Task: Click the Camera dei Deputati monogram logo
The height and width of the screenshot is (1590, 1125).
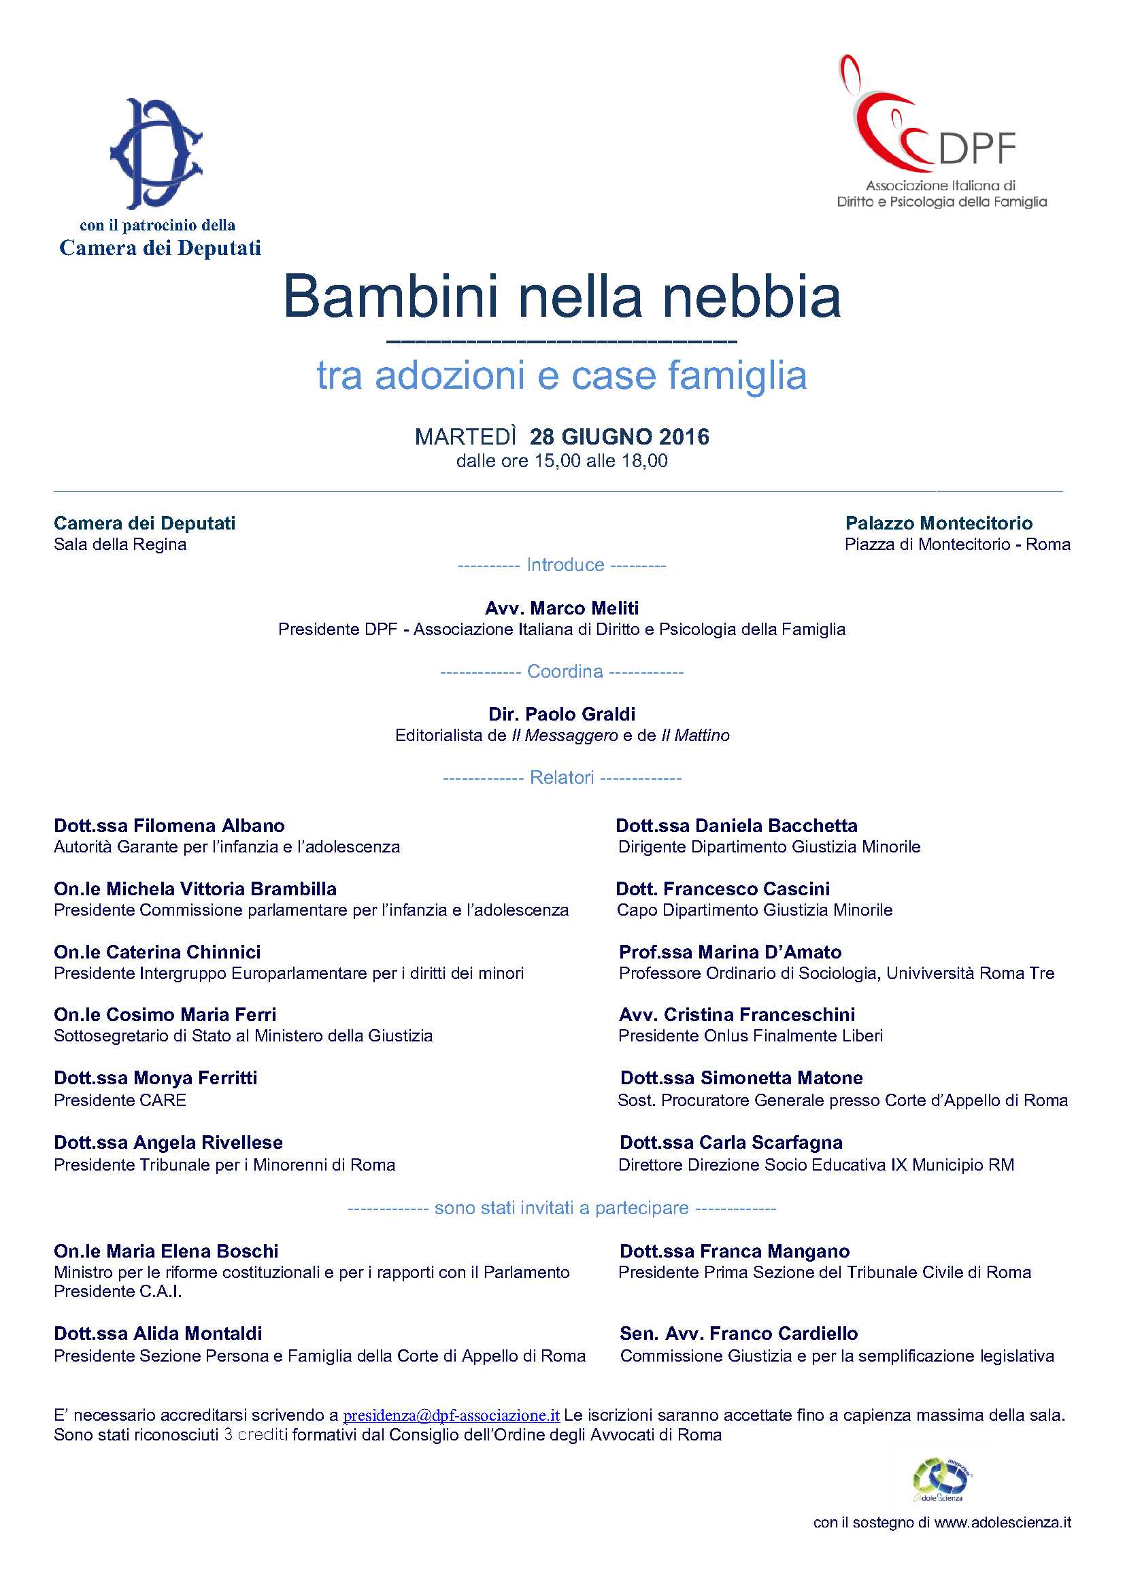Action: [156, 153]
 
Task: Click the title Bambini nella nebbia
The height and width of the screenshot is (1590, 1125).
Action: [562, 296]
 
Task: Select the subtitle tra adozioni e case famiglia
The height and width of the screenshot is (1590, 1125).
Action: [562, 376]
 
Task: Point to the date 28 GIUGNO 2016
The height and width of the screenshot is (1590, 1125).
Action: [620, 437]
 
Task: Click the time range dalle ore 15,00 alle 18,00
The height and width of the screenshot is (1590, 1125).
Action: [562, 461]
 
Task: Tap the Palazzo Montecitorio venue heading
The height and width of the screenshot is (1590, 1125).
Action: [939, 523]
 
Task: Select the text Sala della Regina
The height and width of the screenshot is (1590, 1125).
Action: [120, 545]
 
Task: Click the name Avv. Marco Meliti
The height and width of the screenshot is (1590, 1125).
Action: [562, 608]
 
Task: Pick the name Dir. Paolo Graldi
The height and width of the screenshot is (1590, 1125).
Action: [562, 714]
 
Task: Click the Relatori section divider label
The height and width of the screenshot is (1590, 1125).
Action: [562, 778]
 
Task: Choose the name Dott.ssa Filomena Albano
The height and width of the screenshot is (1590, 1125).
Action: [169, 825]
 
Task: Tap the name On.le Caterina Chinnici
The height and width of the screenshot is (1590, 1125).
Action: [157, 952]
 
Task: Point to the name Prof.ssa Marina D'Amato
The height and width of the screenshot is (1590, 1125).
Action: [730, 952]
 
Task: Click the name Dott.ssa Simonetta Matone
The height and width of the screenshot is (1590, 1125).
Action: [741, 1078]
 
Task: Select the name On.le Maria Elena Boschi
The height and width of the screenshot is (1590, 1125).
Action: [166, 1251]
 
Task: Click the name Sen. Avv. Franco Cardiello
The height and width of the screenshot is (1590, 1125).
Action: [739, 1334]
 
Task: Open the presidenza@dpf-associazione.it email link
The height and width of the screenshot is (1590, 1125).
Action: [451, 1415]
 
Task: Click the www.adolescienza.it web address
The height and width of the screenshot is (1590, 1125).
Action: [1003, 1523]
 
